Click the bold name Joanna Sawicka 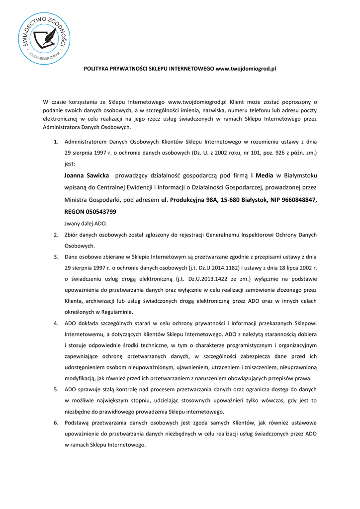coord(87,175)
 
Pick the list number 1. coord(56,142)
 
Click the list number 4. coord(56,324)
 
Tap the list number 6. coord(56,423)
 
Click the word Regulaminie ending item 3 coord(116,312)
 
